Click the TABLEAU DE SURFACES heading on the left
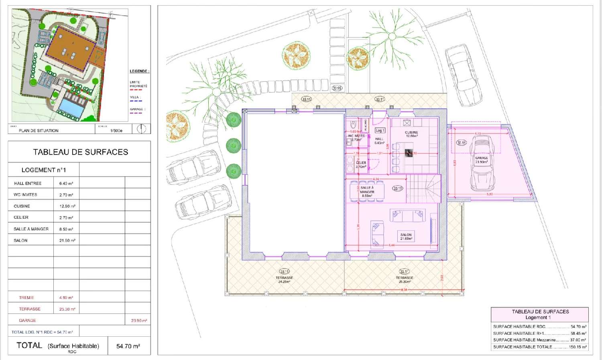tap(80, 152)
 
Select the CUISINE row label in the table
tap(22, 206)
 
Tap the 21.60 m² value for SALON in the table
tap(67, 240)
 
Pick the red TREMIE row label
tap(26, 298)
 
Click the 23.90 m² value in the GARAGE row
tap(139, 321)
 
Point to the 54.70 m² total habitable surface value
tap(128, 346)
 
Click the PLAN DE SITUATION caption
tap(39, 130)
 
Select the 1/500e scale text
tap(116, 130)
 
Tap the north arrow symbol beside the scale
tap(141, 129)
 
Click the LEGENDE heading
tap(139, 71)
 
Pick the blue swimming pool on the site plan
tap(72, 106)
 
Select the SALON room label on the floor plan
tap(406, 236)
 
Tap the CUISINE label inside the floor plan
tap(411, 134)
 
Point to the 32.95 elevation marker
tap(337, 88)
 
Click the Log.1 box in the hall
tap(380, 130)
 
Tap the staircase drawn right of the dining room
tap(427, 189)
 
